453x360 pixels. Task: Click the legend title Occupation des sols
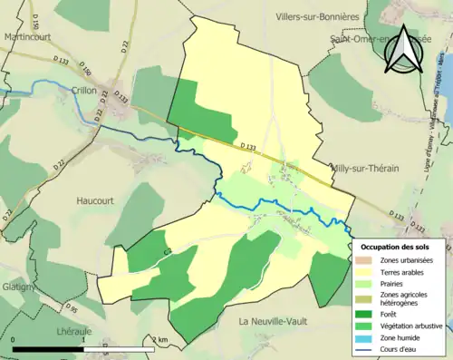pos(395,247)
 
